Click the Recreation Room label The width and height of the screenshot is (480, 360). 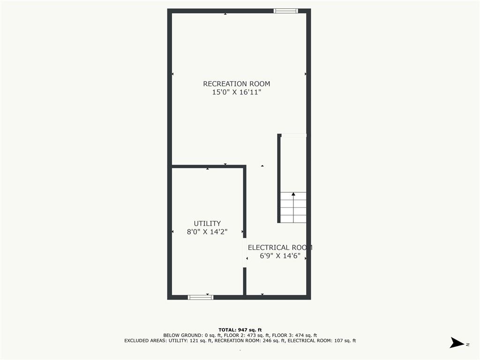(236, 84)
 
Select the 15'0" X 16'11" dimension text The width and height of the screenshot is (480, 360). (236, 93)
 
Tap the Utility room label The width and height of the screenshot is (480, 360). (207, 224)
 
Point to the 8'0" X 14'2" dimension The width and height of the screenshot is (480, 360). (207, 232)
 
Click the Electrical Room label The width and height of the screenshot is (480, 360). (280, 247)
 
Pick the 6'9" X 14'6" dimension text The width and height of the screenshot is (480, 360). (280, 256)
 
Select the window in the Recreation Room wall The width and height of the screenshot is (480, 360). (285, 11)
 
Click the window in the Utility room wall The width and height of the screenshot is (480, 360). (201, 297)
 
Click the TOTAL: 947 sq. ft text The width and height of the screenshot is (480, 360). (240, 330)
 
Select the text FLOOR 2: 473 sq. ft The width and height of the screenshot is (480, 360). (249, 335)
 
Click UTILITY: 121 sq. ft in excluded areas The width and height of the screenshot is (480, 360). (192, 341)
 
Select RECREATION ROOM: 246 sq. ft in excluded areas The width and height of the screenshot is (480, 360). (250, 341)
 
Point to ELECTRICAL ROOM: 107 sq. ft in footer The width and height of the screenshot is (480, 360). (322, 341)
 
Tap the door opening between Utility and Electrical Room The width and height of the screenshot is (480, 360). (245, 253)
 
